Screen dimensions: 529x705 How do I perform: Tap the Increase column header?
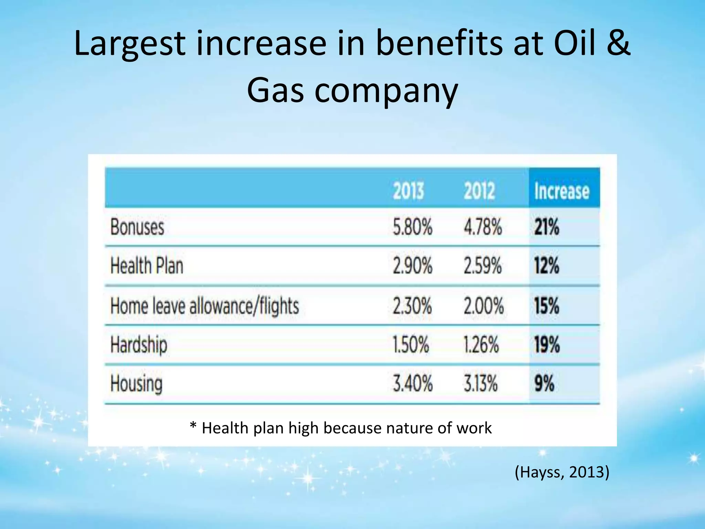point(562,191)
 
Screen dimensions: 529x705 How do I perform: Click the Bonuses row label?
point(137,227)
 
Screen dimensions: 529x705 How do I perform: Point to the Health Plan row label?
point(147,266)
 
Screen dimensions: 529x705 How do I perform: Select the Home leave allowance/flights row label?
point(204,306)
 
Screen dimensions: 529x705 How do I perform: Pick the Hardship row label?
point(139,345)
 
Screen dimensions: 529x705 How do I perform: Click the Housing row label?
point(136,384)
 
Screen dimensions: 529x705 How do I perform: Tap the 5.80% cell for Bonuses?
point(412,227)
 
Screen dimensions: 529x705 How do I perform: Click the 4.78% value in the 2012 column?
point(483,227)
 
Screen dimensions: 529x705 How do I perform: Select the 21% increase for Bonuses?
point(547,227)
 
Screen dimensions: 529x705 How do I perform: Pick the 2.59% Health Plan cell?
point(483,266)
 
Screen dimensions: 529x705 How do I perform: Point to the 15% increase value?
point(547,306)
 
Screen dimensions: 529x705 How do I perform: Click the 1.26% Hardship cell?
point(481,344)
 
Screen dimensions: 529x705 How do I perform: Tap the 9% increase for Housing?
point(544,384)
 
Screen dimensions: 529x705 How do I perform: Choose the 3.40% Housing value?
point(412,384)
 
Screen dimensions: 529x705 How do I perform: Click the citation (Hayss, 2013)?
point(562,472)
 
